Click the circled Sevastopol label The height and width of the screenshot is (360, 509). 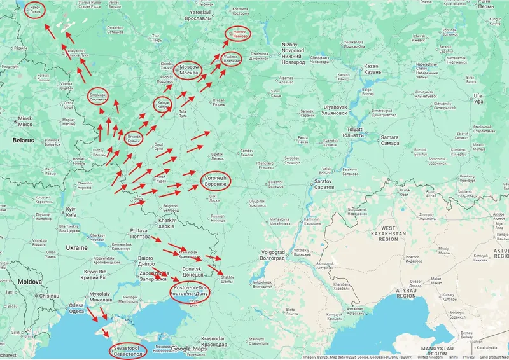point(127,350)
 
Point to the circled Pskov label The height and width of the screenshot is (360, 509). point(34,10)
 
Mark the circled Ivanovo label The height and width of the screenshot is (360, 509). point(239,33)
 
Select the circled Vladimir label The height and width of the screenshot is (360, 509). point(233,60)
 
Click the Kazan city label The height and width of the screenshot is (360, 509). point(372,69)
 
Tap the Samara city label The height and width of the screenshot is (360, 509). point(389,140)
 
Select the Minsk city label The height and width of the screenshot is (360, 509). point(25,121)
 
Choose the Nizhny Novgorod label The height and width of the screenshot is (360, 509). point(293,53)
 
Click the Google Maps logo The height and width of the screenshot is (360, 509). point(189,349)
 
